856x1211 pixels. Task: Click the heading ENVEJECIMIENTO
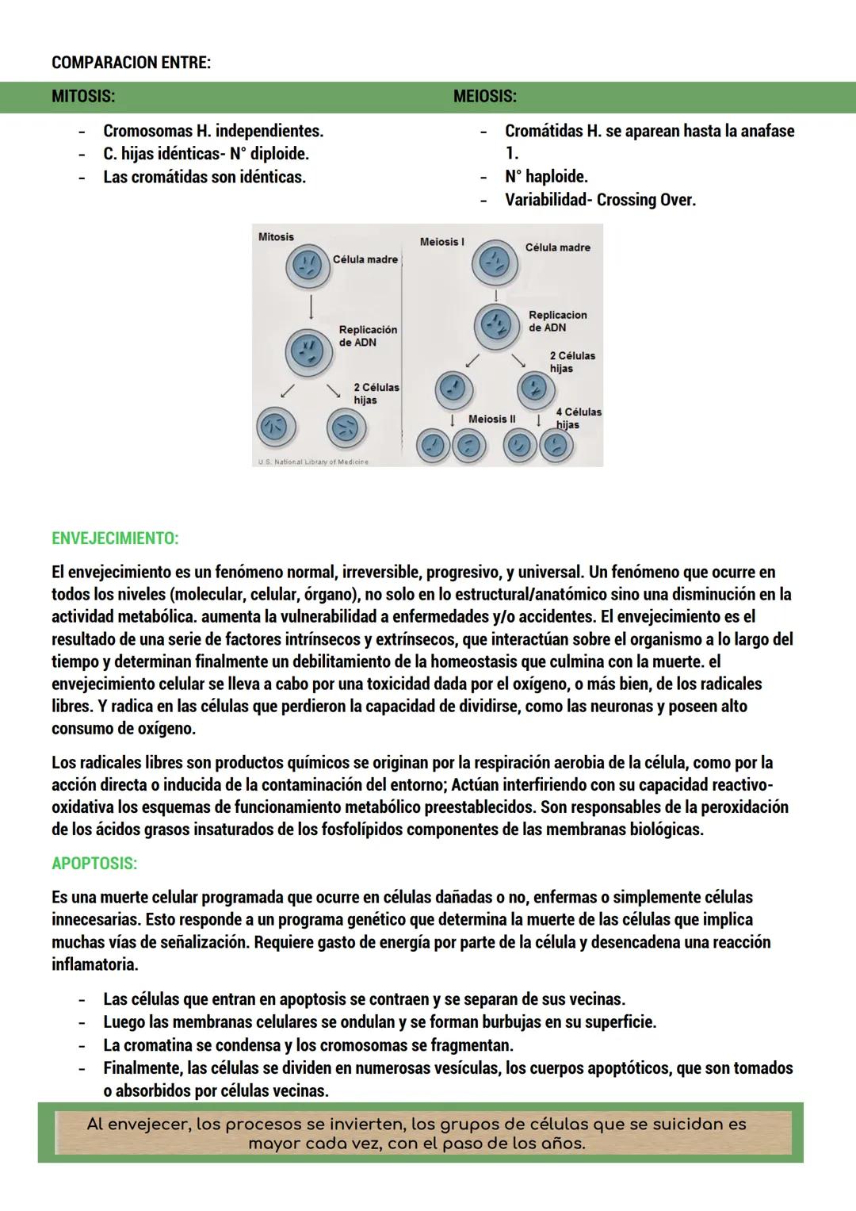click(x=115, y=538)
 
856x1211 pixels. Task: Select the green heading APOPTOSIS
click(x=94, y=863)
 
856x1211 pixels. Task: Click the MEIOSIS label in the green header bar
click(x=484, y=97)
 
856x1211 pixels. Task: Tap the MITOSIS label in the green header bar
click(x=83, y=97)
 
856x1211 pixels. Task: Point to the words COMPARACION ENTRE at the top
click(x=131, y=63)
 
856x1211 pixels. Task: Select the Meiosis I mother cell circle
click(x=495, y=262)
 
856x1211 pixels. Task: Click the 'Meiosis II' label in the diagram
click(x=491, y=419)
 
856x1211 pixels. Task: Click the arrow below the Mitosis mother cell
click(x=311, y=307)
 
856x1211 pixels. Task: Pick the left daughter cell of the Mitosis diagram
click(x=275, y=428)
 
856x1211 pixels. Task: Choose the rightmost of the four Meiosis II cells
click(x=556, y=446)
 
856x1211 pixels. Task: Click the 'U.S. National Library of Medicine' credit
click(x=313, y=462)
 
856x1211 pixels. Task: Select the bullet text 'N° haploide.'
click(x=546, y=177)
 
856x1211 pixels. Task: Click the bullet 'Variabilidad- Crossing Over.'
click(x=600, y=200)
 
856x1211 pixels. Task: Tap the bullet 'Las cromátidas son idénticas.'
click(x=204, y=177)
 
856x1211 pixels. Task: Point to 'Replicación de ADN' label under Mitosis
click(x=368, y=335)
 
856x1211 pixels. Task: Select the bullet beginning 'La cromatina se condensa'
click(x=308, y=1044)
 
